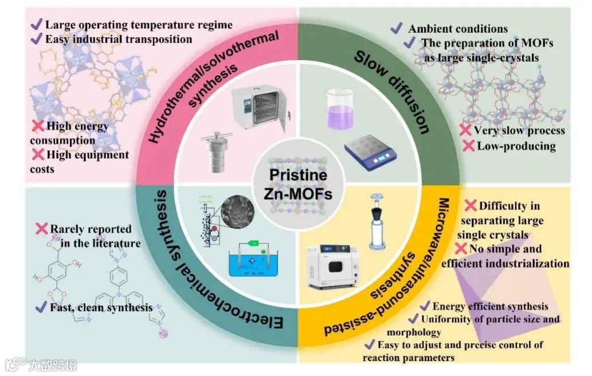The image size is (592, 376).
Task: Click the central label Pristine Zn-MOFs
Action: click(x=299, y=184)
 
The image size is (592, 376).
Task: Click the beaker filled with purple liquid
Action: click(x=339, y=109)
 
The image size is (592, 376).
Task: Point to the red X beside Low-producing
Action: click(x=468, y=146)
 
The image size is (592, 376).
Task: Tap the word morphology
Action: click(x=413, y=332)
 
